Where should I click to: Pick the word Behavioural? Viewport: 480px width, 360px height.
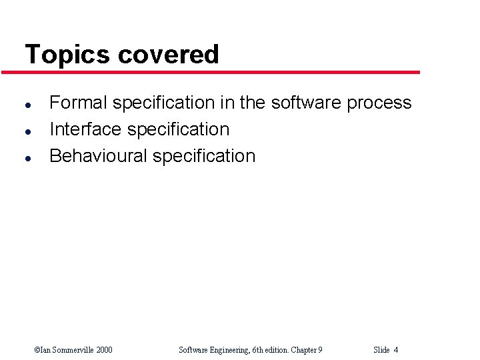pyautogui.click(x=99, y=156)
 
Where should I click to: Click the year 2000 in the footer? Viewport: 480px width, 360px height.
pyautogui.click(x=104, y=350)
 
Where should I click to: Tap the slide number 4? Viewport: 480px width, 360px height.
pyautogui.click(x=396, y=350)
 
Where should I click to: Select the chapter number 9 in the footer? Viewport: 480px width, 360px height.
pyautogui.click(x=320, y=350)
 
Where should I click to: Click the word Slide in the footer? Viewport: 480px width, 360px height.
pyautogui.click(x=381, y=350)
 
